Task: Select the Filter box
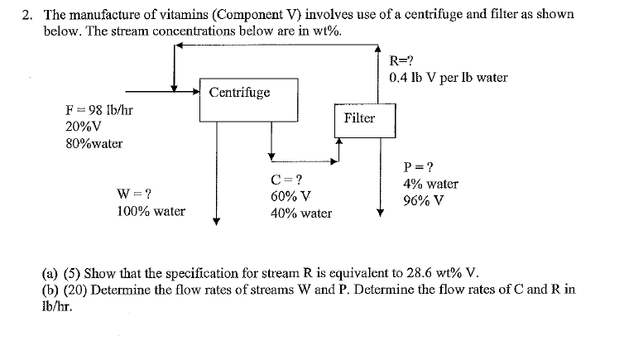coord(359,118)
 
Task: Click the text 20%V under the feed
coord(83,127)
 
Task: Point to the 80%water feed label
coord(94,143)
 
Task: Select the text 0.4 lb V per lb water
coord(448,78)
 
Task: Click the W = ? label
coord(134,194)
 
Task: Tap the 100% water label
coord(151,211)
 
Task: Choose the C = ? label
coord(286,180)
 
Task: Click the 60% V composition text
coord(290,197)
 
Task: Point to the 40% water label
coord(301,214)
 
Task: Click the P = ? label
coord(417,166)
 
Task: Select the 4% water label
coord(430,184)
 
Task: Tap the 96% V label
coord(422,200)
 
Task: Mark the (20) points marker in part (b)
coord(70,290)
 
